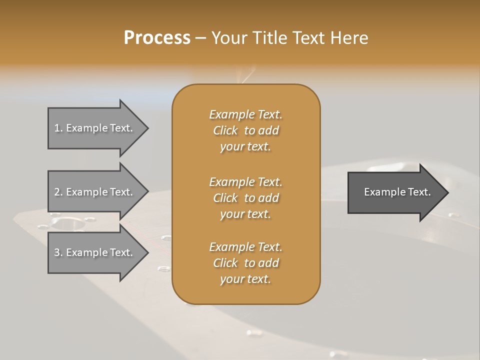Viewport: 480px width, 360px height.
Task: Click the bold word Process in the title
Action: (157, 38)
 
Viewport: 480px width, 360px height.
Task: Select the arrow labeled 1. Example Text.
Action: (95, 128)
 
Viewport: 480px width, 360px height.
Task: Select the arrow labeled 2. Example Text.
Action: (95, 192)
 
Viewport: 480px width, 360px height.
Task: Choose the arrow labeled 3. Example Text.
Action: (95, 252)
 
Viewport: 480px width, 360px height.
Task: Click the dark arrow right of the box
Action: (395, 192)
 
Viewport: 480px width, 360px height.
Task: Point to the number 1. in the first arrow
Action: (58, 128)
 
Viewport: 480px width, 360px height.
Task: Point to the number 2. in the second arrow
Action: (58, 192)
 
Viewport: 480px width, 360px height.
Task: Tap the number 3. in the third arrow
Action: (58, 252)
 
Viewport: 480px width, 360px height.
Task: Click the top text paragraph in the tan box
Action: (245, 130)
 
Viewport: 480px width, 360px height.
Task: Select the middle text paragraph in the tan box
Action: (245, 198)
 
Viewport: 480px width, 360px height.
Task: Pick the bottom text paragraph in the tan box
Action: (245, 263)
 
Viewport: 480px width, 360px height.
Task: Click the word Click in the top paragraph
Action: (225, 130)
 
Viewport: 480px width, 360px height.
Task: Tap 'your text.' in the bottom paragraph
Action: (245, 279)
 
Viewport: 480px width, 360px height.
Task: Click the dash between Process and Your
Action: (200, 38)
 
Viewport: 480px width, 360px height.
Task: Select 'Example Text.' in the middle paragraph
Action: (245, 182)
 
